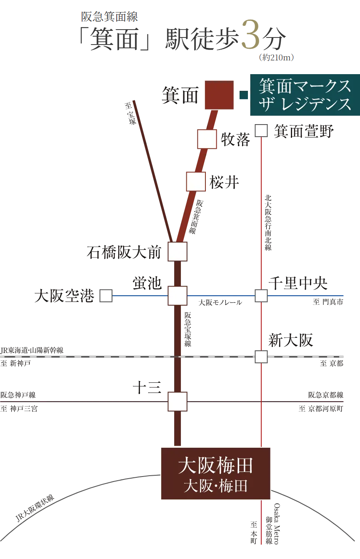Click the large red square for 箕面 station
pos(219,95)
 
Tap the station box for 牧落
pos(207,139)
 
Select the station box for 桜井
pos(196,182)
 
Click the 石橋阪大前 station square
pos(177,251)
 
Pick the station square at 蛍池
pos(177,296)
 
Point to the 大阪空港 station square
pos(106,296)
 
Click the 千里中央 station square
pos(261,296)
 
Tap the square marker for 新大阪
pos(261,357)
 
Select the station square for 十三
pos(177,402)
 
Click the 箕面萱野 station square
pos(261,131)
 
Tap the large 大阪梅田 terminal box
pos(215,473)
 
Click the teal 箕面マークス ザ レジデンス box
pos(305,95)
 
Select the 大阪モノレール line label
pos(220,303)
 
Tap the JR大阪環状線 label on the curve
pos(35,508)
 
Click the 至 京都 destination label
pos(332,364)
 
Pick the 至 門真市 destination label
pos(328,302)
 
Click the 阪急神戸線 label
pos(18,395)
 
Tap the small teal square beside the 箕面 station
pos(244,95)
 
